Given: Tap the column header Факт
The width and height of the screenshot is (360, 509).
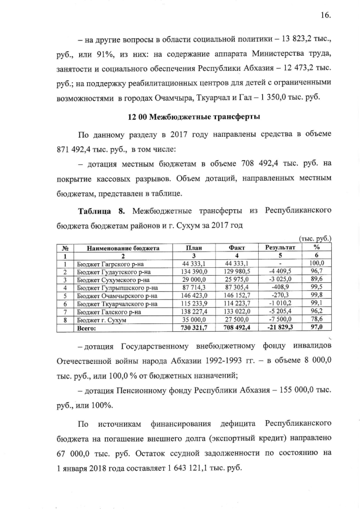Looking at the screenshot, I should pos(236,247).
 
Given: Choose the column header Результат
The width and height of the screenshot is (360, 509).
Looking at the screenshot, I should pos(279,247).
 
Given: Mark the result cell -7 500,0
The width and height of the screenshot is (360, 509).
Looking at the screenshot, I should pos(280,319).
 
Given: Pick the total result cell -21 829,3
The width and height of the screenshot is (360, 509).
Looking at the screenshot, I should pos(280,327).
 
